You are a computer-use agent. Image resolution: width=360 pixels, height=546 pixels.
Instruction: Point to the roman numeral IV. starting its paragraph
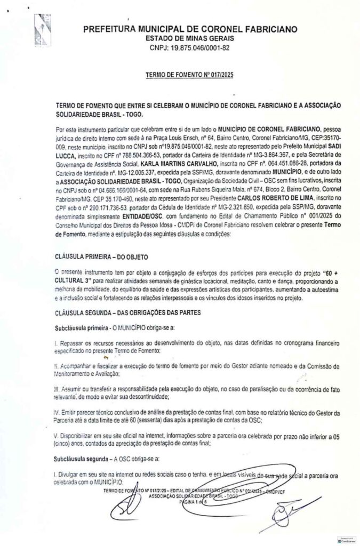[58, 414]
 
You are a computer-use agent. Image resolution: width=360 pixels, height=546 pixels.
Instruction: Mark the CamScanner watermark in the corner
[347, 540]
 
